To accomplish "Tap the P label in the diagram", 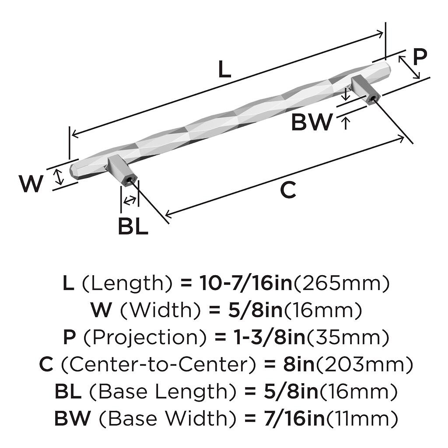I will coord(420,56).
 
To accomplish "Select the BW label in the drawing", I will coord(312,122).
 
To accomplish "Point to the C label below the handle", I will coord(288,190).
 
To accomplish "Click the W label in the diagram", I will coord(31,184).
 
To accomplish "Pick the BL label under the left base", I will coord(133,227).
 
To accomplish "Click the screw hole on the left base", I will coord(129,179).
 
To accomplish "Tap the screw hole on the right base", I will coord(373,99).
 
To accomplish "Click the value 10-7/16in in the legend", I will coord(245,283).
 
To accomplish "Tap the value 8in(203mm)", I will coord(347,364).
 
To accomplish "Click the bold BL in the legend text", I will coord(68,391).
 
